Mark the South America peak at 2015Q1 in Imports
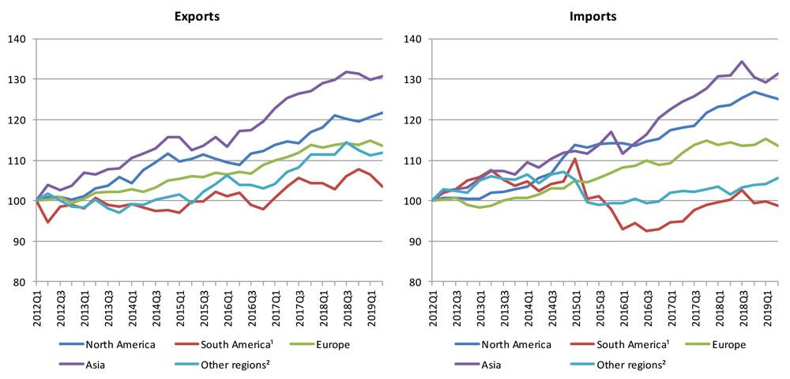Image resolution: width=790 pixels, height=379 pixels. point(574,159)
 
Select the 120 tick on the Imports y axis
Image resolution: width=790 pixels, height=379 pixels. point(412,120)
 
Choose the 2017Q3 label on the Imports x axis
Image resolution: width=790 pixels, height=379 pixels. point(694,305)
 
